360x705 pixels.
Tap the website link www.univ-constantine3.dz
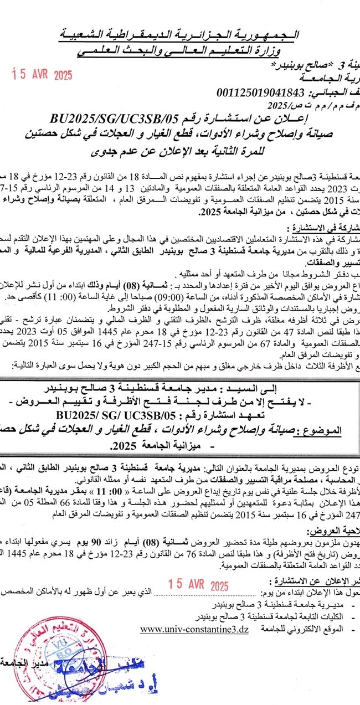(194, 629)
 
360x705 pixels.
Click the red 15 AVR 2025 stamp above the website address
(198, 586)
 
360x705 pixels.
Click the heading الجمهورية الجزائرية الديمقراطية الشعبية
(179, 36)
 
